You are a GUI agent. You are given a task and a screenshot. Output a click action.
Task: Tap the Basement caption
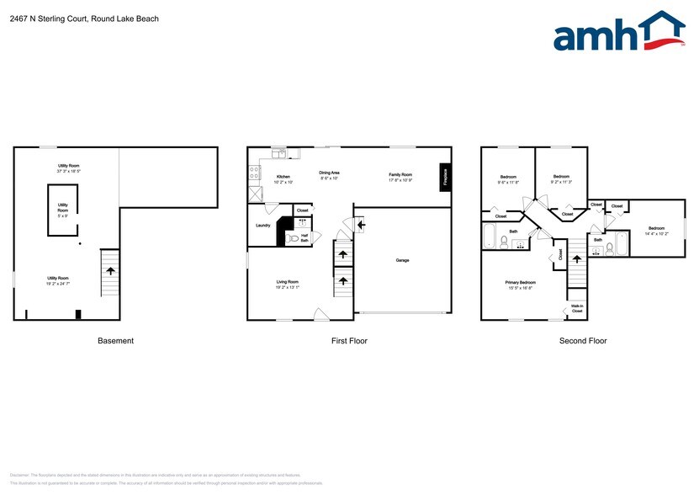coord(115,341)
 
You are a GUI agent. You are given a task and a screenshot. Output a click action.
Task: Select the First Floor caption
coord(348,341)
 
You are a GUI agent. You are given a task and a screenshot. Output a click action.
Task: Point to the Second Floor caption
coord(583,341)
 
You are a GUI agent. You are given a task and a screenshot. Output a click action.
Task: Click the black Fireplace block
coord(445,177)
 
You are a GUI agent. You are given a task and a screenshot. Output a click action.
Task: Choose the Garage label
coord(402,260)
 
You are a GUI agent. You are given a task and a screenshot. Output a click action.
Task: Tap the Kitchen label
coord(283,177)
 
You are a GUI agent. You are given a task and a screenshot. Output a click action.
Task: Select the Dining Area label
coord(329,173)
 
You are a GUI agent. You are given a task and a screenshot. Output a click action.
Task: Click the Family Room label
coord(400,173)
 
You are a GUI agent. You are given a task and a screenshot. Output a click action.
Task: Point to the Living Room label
coord(288,282)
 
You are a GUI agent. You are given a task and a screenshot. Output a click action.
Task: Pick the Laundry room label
coord(262,225)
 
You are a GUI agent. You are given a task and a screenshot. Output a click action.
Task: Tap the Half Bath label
coord(304,238)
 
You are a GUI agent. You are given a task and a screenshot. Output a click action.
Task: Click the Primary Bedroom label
coord(519,283)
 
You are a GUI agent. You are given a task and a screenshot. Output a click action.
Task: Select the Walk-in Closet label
coord(577,308)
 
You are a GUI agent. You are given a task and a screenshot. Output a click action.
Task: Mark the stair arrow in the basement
coord(110,270)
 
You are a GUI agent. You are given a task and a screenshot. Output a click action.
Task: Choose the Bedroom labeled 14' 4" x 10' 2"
coord(655,229)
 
